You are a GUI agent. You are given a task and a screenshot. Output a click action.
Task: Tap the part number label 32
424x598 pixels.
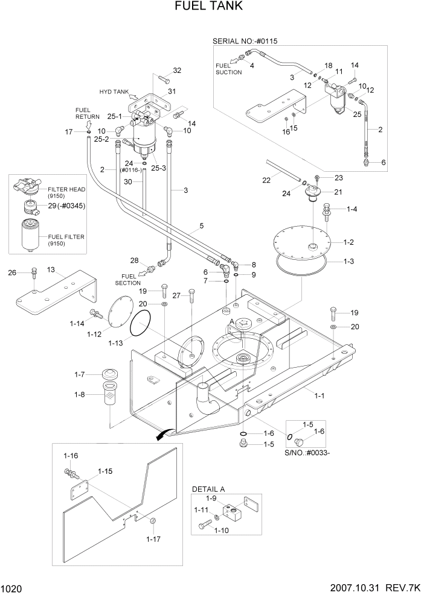point(177,71)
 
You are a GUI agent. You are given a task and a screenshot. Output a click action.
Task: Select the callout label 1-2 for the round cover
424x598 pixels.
point(349,242)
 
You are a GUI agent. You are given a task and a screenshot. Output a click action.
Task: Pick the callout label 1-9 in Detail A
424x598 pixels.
point(210,498)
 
